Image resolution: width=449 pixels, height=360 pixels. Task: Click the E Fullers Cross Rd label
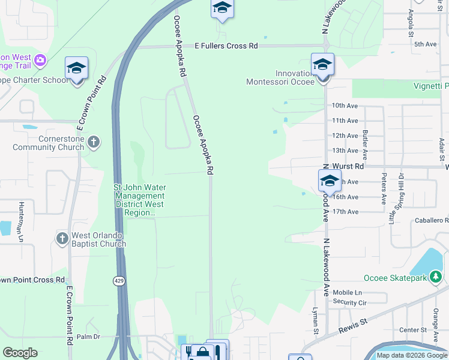[x=226, y=46]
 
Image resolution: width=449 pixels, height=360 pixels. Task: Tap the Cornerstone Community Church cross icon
[x=92, y=142]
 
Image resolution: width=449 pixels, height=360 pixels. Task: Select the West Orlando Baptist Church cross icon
[x=62, y=239]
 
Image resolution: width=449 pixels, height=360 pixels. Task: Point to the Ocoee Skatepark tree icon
[x=438, y=277]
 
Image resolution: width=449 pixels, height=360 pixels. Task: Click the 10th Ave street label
[x=345, y=106]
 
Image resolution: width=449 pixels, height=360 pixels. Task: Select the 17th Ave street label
[x=345, y=212]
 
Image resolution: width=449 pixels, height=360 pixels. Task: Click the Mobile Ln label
[x=347, y=292]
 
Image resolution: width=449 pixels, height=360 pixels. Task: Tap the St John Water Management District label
[x=139, y=200]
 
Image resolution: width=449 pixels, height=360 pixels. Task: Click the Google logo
[x=20, y=353]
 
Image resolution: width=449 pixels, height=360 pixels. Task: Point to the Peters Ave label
[x=384, y=189]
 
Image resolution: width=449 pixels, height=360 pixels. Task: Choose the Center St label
[x=412, y=330]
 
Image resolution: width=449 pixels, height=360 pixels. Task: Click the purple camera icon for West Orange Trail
[x=40, y=59]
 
